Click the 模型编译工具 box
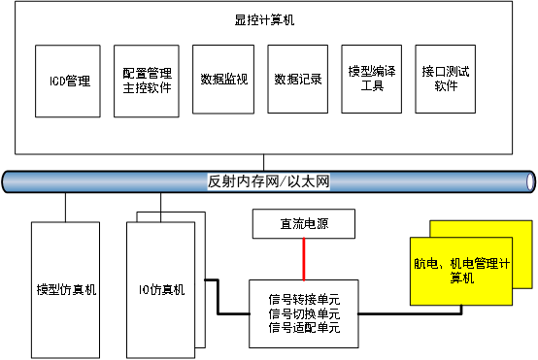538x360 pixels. [x=371, y=80]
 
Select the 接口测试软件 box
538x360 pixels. [x=446, y=80]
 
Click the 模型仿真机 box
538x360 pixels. [x=65, y=288]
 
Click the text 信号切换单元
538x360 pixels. [x=304, y=313]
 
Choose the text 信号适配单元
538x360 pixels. [x=304, y=328]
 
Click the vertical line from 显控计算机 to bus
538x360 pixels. [x=263, y=161]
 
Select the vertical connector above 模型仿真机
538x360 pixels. [x=65, y=207]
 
